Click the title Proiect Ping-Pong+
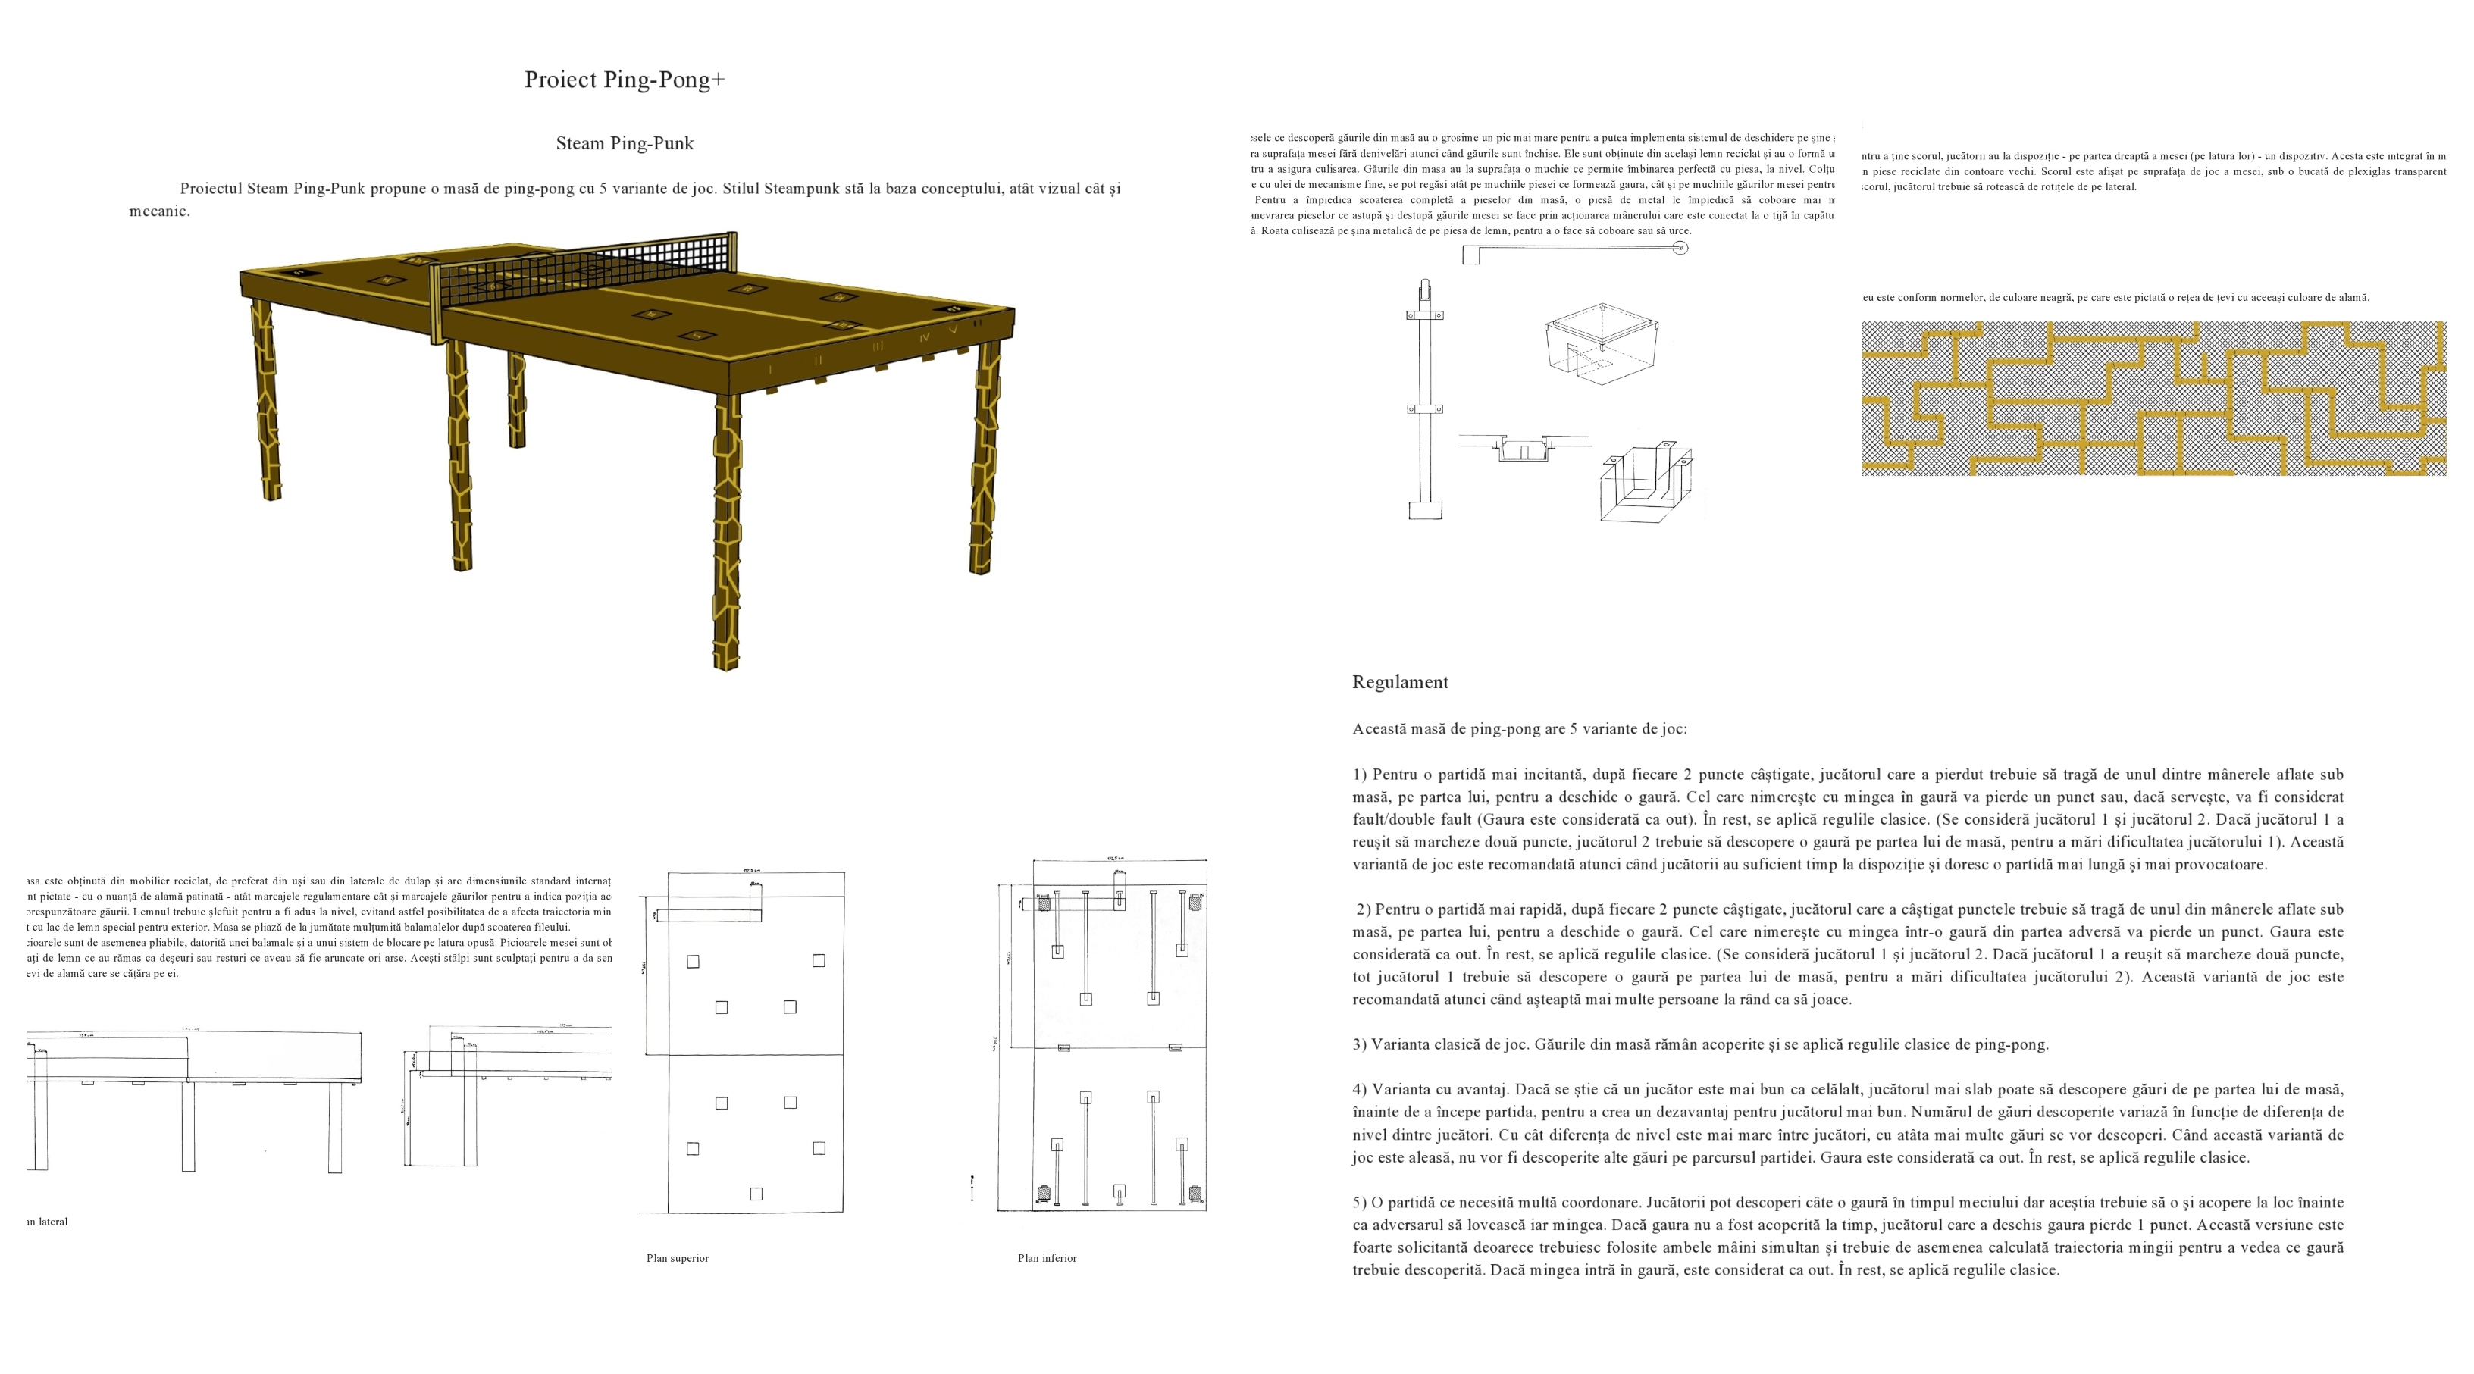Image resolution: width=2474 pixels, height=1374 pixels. pos(625,80)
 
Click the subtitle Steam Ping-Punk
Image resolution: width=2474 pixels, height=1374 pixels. pos(625,144)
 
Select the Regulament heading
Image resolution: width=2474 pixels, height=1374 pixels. pos(1399,683)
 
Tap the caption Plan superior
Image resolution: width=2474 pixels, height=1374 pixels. pos(677,1258)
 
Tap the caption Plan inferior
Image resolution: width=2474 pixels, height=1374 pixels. pos(1047,1258)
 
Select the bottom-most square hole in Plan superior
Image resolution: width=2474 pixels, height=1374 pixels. pos(756,1194)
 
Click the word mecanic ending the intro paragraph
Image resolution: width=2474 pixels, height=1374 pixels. pos(158,212)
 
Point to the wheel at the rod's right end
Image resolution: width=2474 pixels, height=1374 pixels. pos(1680,248)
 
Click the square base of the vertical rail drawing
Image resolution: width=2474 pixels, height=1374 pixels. pos(1425,511)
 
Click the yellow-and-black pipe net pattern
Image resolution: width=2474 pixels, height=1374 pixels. pos(2153,399)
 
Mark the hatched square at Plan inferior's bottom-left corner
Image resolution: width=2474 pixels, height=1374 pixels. pos(1044,1194)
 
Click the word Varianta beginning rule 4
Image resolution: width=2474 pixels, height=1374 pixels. pos(1402,1090)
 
